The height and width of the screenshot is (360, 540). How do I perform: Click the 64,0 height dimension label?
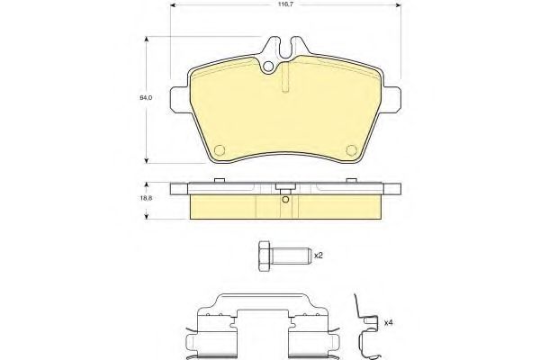[146, 98]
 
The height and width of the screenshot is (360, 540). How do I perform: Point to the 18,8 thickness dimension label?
[146, 198]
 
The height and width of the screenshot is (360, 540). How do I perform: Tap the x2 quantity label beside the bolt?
[319, 256]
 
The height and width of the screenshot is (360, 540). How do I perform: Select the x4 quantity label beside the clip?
[389, 323]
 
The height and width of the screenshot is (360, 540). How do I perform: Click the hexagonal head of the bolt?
[264, 256]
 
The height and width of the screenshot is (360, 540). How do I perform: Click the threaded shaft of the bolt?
[291, 256]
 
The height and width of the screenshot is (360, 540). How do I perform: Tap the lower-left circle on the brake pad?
[220, 150]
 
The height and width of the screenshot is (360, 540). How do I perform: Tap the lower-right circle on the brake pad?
[351, 150]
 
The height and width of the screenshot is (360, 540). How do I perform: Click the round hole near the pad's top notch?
[267, 67]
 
